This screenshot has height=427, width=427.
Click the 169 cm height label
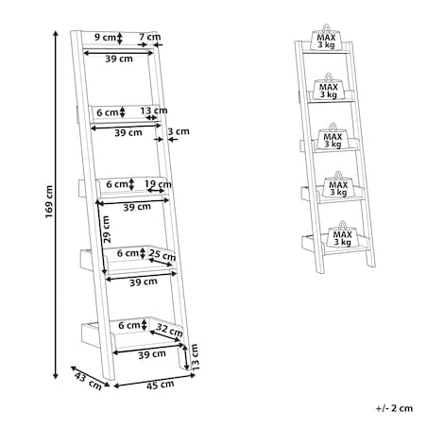click(x=49, y=202)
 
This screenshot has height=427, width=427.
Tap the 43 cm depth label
click(x=88, y=381)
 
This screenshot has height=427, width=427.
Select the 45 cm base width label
click(x=160, y=384)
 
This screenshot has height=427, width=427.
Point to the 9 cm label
click(x=105, y=37)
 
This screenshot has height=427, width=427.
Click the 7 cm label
click(x=150, y=37)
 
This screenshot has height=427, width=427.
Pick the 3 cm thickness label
click(x=179, y=131)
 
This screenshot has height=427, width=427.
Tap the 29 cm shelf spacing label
click(x=107, y=229)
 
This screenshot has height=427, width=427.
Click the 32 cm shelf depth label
click(x=169, y=330)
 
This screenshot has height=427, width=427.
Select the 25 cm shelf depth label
click(x=162, y=255)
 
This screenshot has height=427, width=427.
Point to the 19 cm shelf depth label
click(x=158, y=183)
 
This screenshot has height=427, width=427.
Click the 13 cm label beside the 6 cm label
click(x=154, y=111)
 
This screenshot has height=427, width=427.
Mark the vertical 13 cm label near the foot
click(x=195, y=356)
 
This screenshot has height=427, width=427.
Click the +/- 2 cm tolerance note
click(x=394, y=408)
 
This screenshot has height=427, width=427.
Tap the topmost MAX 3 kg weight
click(x=326, y=40)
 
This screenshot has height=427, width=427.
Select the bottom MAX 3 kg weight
click(x=342, y=236)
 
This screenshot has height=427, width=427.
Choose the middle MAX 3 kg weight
click(x=333, y=138)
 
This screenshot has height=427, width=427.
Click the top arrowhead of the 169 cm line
click(x=56, y=33)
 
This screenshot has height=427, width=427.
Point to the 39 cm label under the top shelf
click(x=119, y=59)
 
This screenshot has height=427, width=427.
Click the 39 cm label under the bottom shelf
click(x=152, y=354)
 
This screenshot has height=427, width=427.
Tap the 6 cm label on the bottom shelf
click(x=128, y=325)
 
